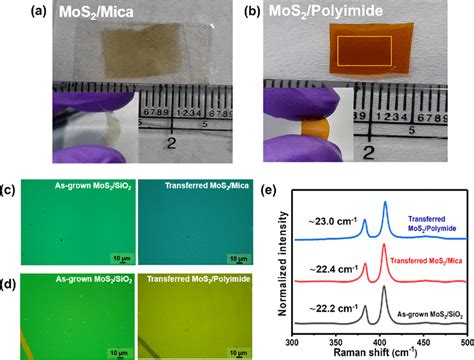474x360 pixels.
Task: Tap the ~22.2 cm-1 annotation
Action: (334, 307)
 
